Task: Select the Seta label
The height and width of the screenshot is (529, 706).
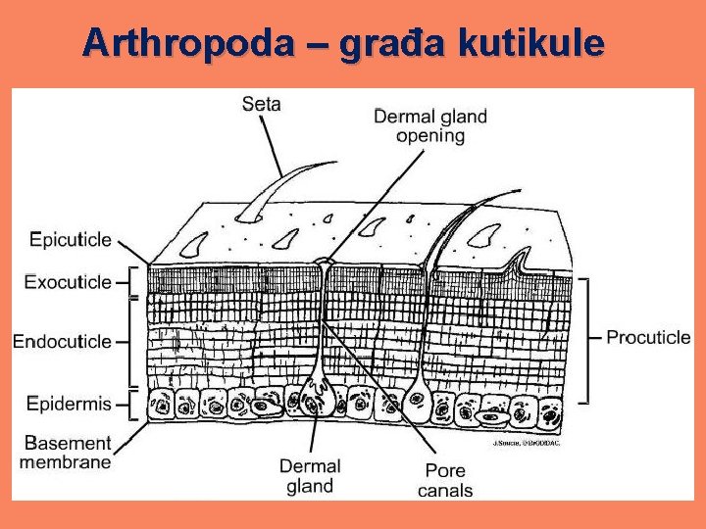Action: (x=262, y=103)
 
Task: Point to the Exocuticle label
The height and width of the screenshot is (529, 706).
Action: (x=69, y=282)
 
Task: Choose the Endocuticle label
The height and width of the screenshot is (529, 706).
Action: (x=62, y=342)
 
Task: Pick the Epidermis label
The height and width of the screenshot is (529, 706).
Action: (x=69, y=403)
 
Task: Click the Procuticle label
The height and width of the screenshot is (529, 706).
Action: (x=648, y=337)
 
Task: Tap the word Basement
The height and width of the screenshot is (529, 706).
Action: (x=69, y=443)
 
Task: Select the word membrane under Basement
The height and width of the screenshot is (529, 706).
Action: (x=66, y=461)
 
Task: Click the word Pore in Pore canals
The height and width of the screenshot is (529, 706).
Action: (x=444, y=471)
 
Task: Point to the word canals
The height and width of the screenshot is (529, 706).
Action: (x=444, y=490)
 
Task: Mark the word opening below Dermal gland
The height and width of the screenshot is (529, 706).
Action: (x=430, y=135)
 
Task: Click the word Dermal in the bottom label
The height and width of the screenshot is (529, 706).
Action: (x=310, y=466)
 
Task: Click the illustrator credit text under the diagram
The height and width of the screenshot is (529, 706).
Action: (x=526, y=443)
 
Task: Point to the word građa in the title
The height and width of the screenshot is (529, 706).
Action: (x=392, y=44)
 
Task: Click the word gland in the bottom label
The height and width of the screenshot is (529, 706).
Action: (x=310, y=486)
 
